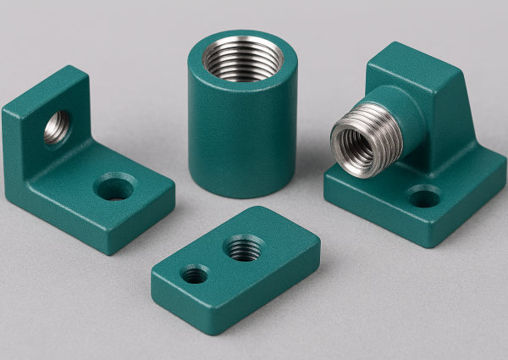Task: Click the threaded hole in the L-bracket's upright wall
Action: tap(57, 128)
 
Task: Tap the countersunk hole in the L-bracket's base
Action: tap(113, 188)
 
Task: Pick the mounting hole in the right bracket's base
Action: tap(423, 198)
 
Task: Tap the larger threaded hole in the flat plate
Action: tap(243, 248)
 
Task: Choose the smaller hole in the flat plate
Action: tap(195, 274)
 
